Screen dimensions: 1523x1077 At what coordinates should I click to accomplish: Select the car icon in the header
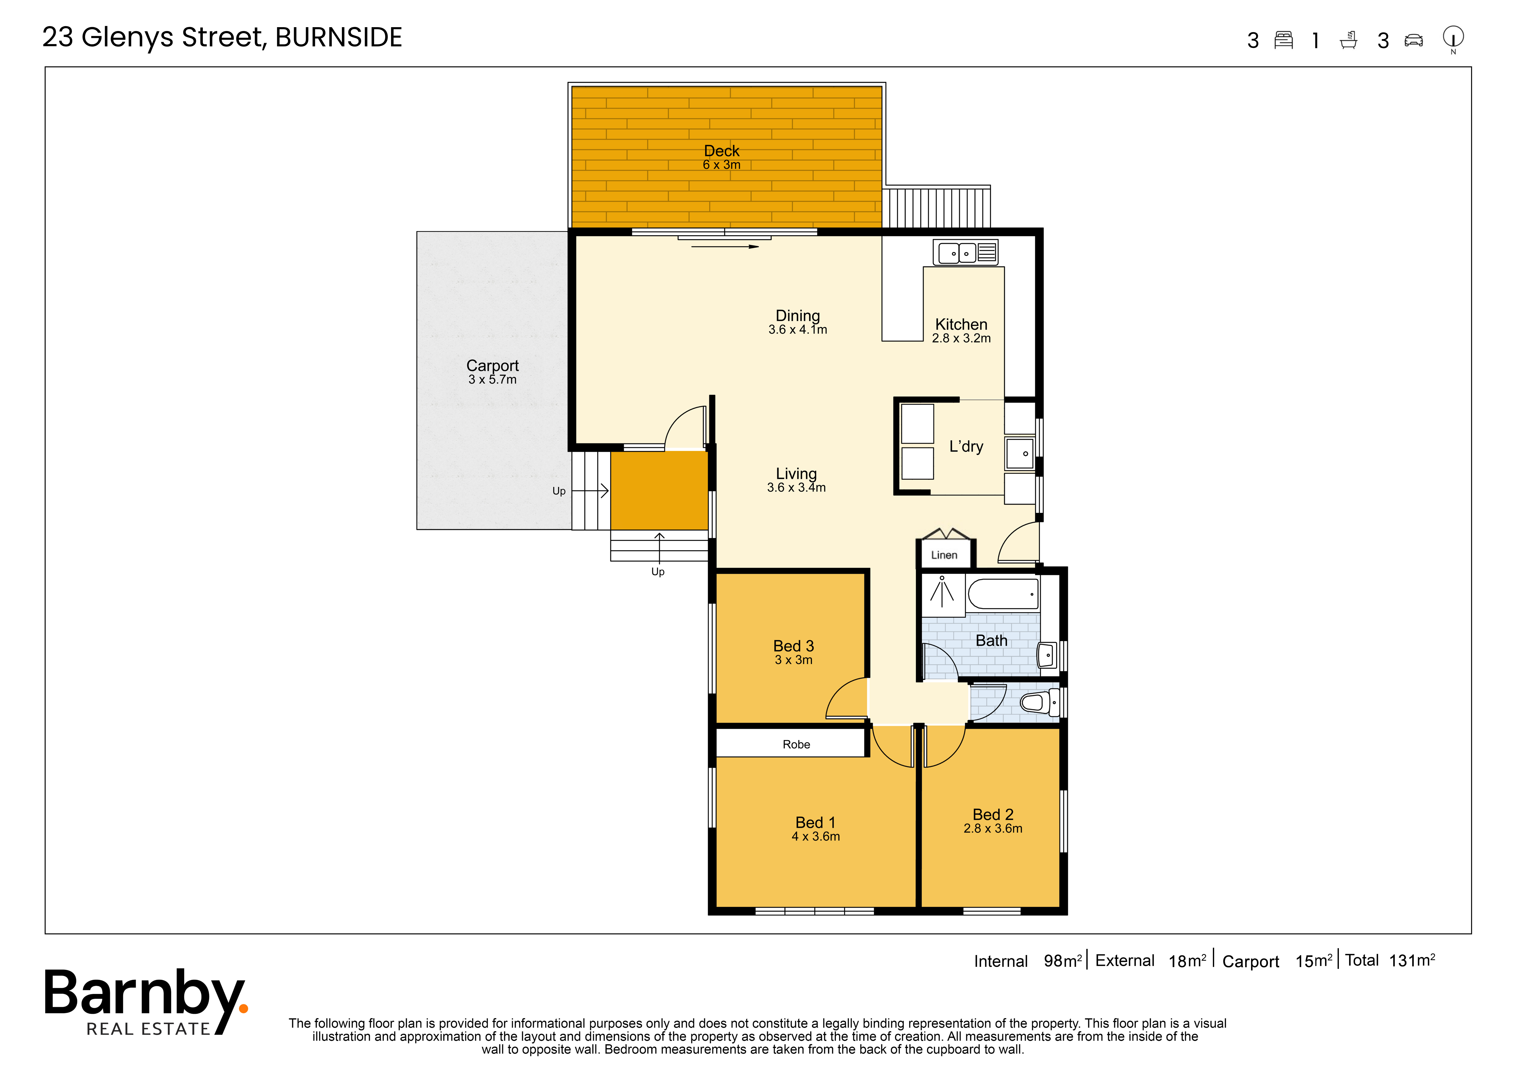click(x=1414, y=40)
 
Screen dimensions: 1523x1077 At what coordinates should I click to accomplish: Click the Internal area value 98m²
click(x=1063, y=961)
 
